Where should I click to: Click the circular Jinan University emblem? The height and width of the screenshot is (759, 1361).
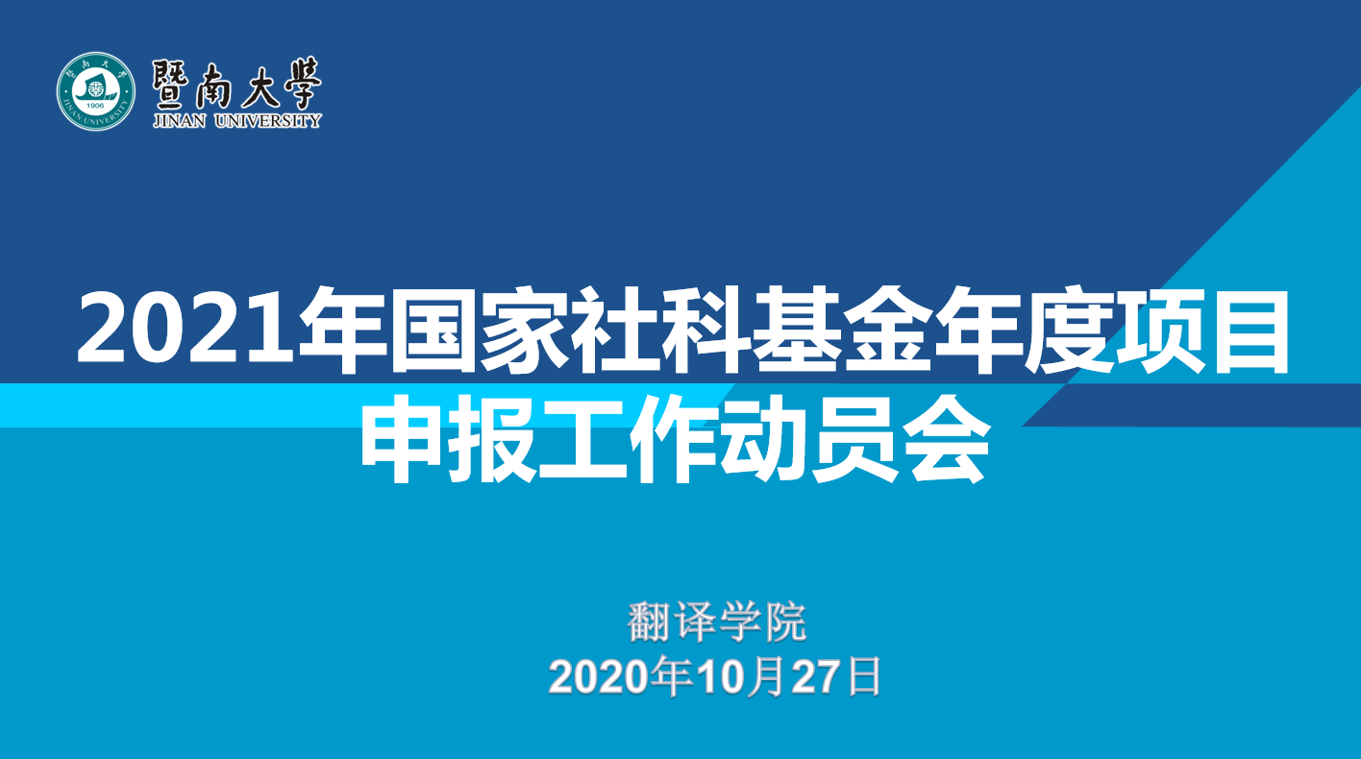click(96, 91)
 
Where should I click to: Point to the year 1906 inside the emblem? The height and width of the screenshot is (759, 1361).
click(96, 106)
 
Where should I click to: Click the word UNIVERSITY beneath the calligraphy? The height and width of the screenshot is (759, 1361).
click(268, 121)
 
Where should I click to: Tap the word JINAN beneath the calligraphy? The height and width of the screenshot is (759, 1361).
click(180, 121)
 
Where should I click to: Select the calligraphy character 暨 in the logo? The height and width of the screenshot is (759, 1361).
click(171, 85)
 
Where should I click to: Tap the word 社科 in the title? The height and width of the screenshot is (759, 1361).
click(660, 331)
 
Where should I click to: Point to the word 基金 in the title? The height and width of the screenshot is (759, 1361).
click(842, 331)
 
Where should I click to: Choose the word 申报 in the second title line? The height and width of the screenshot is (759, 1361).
click(450, 438)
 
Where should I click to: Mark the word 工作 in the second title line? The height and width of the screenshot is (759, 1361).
click(630, 438)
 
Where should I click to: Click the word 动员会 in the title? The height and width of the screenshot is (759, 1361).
click(854, 438)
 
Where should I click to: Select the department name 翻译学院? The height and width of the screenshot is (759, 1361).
click(717, 622)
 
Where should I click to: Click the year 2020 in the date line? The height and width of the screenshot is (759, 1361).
click(599, 677)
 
